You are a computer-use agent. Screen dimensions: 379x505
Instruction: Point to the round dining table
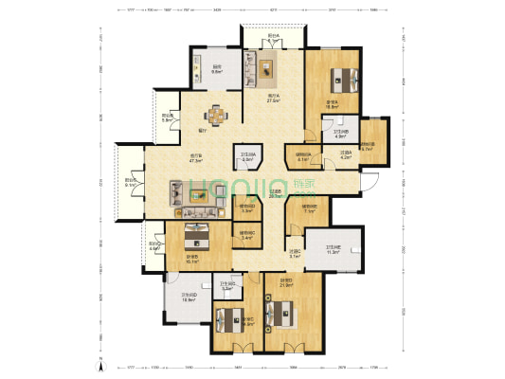tap(217, 116)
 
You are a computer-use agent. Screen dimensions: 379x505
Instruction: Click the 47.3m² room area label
tap(197, 159)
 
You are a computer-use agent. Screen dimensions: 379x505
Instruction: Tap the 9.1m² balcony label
tap(131, 183)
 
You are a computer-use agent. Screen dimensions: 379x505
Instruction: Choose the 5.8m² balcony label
tap(166, 118)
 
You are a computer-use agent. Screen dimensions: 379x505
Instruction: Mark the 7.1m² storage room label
tap(309, 208)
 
